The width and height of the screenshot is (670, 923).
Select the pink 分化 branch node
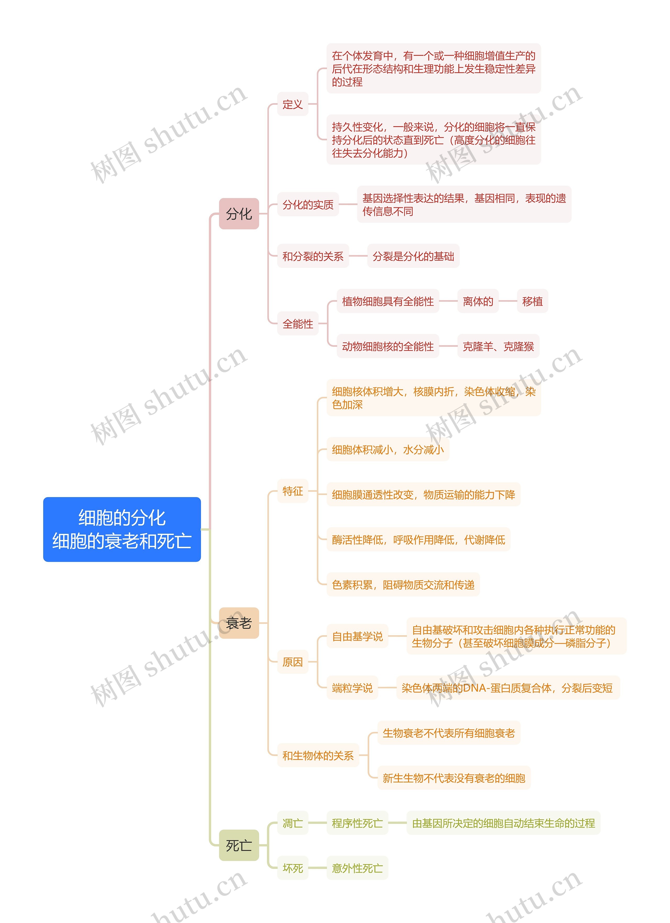click(239, 214)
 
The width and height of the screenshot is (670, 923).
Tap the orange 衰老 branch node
click(239, 623)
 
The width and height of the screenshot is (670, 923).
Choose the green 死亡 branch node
click(239, 846)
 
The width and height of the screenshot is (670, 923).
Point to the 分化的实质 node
click(308, 204)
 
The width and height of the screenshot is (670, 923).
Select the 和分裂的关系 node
click(313, 256)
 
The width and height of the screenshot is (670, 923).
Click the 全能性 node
click(298, 324)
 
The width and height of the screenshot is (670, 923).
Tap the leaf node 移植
click(532, 301)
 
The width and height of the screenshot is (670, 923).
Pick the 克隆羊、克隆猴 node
click(498, 346)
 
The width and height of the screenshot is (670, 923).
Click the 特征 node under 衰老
click(293, 491)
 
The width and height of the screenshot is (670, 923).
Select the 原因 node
click(293, 662)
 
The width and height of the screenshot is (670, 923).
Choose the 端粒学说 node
click(352, 688)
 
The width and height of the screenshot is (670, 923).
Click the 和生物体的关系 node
click(318, 756)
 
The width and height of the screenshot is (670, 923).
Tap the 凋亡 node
click(293, 823)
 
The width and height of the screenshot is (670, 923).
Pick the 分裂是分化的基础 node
click(413, 256)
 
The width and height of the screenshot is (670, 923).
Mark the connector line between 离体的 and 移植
click(508, 301)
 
